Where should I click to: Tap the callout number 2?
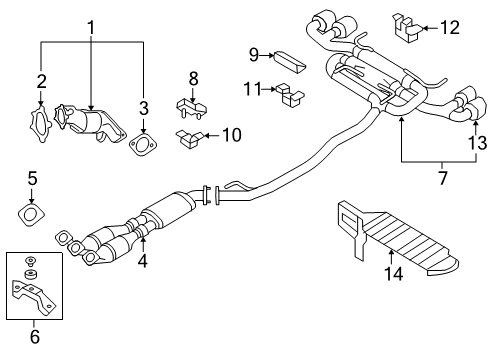[x=41, y=81]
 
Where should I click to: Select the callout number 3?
[x=144, y=107]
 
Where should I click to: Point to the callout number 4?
[x=143, y=264]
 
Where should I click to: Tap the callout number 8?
[x=194, y=76]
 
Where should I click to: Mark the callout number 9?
[x=254, y=53]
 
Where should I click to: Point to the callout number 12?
[x=450, y=28]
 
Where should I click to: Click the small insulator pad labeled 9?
[x=288, y=58]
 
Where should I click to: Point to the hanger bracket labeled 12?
[x=409, y=30]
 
